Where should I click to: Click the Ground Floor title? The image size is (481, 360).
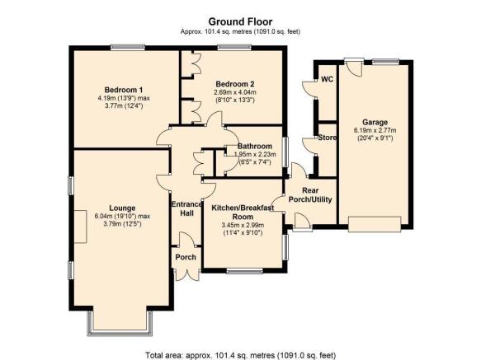point(240,21)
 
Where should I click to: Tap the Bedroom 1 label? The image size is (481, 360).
point(124,90)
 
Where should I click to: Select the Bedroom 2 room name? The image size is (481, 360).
point(235,84)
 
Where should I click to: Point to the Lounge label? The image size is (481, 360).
point(122,208)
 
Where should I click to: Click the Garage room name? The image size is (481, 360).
point(375,122)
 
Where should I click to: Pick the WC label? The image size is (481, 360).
point(327,79)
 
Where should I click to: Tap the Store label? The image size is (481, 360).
point(327,138)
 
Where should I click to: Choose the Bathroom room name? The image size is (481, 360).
point(255,146)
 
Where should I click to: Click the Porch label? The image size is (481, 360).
point(186,257)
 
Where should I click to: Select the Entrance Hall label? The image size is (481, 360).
point(186,208)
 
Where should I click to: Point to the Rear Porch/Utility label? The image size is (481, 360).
point(310,195)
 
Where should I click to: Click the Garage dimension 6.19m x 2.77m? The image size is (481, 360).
point(375,130)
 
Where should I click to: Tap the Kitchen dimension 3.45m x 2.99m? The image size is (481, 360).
point(243,225)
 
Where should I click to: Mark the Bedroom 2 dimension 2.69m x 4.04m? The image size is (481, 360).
point(235,92)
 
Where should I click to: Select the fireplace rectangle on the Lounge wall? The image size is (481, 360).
point(80,227)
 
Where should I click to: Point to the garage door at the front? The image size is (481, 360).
point(375,224)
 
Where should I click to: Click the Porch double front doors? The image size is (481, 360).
point(187,275)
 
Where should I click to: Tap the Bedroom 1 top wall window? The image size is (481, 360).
point(128,48)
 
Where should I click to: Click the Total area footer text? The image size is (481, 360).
point(241,355)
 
